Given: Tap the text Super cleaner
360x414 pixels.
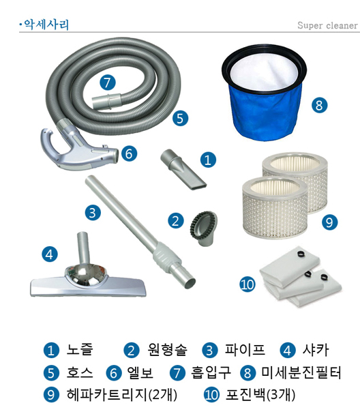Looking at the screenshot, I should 327,26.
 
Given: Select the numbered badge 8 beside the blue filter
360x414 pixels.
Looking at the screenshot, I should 319,105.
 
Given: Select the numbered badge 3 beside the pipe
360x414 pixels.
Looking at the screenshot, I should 93,212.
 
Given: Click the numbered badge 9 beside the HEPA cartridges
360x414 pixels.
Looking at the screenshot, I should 329,222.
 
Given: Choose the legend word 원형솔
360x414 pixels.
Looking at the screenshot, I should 168,351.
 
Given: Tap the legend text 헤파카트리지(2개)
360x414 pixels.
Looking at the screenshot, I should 114,395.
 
